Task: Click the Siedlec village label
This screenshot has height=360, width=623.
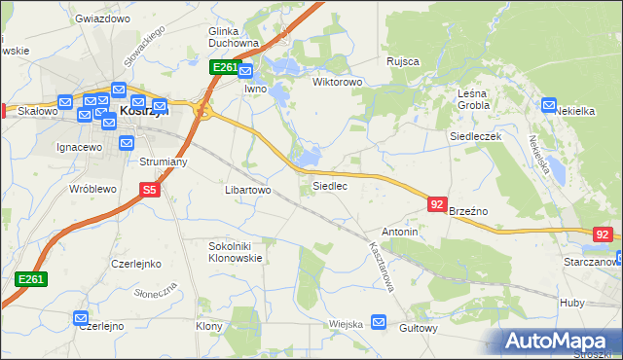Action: [x=329, y=185]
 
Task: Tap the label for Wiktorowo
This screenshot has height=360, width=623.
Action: [x=337, y=82]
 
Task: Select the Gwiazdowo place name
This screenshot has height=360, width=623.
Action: [x=102, y=18]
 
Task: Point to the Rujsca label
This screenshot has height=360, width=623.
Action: [x=402, y=61]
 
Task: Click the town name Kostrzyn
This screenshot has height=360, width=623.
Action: [x=144, y=112]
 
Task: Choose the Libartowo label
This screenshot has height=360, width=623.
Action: [x=248, y=191]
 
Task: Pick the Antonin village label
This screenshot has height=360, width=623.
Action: [x=400, y=233]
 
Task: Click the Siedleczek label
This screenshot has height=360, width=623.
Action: [x=474, y=137]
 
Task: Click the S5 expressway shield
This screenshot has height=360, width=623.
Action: [x=149, y=191]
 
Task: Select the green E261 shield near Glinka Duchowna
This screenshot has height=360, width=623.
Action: [x=223, y=67]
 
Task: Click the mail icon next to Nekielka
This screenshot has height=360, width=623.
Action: [x=549, y=104]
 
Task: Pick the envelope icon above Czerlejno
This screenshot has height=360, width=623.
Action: [x=81, y=317]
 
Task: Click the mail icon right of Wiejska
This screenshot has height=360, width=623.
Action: [x=379, y=321]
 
